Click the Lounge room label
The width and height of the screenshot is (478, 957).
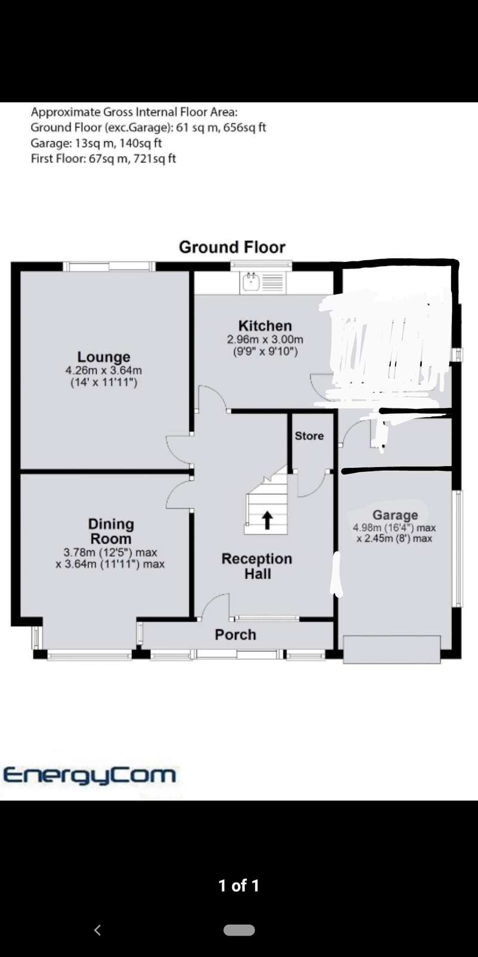pyautogui.click(x=104, y=356)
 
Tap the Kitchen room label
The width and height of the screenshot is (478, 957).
pyautogui.click(x=265, y=325)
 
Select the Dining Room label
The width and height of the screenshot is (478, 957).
pyautogui.click(x=111, y=531)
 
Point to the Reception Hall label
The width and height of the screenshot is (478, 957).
pyautogui.click(x=257, y=566)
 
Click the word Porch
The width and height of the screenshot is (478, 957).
pyautogui.click(x=235, y=635)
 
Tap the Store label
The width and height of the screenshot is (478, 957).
pyautogui.click(x=309, y=436)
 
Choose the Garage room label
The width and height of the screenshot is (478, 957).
pyautogui.click(x=395, y=515)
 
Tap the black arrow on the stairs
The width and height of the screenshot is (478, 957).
pyautogui.click(x=267, y=520)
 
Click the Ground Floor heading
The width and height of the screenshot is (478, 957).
pyautogui.click(x=232, y=247)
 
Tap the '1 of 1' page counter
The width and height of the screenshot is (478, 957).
pyautogui.click(x=238, y=886)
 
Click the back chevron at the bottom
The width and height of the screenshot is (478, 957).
pyautogui.click(x=97, y=930)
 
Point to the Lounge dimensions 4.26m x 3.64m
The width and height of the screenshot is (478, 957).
pyautogui.click(x=104, y=370)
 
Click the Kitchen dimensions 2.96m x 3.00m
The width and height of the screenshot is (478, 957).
pyautogui.click(x=265, y=340)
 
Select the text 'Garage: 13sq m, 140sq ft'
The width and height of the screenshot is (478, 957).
pyautogui.click(x=96, y=143)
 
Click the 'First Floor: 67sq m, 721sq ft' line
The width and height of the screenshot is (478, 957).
pyautogui.click(x=103, y=159)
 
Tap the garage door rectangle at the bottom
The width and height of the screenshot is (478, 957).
pyautogui.click(x=392, y=650)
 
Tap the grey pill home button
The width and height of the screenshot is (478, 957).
pyautogui.click(x=239, y=930)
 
